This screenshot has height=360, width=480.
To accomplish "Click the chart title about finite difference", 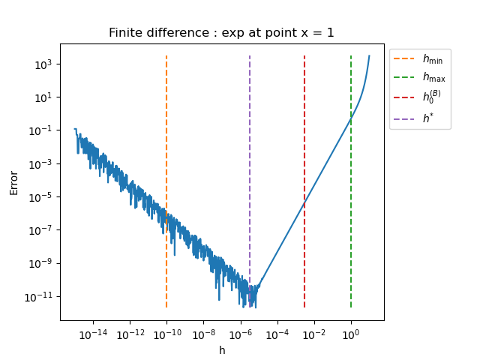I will tap(221, 33).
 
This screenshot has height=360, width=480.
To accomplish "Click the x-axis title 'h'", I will tap(222, 350).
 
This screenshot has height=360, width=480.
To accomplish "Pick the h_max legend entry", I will tap(420, 78).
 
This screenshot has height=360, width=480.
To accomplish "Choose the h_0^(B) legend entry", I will tap(420, 97).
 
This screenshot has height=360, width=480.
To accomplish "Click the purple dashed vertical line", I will tap(250, 150).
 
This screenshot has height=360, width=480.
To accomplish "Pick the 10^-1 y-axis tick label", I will tap(40, 130).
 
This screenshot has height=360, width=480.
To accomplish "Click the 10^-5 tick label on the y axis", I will tap(40, 197).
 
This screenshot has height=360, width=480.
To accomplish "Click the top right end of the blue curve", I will tap(369, 56).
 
